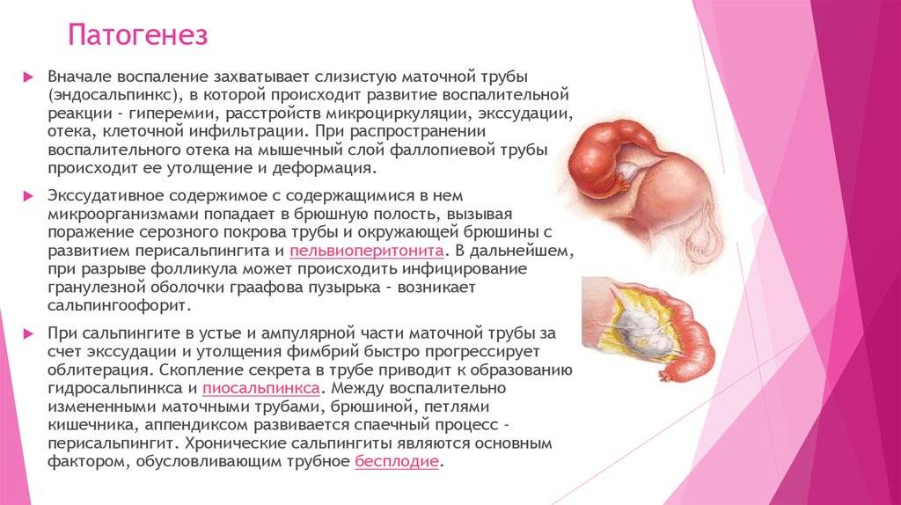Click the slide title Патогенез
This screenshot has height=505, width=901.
click(x=137, y=34)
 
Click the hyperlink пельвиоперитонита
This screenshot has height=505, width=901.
click(x=367, y=251)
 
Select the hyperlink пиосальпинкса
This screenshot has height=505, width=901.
click(x=260, y=388)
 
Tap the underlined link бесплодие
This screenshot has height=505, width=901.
click(x=397, y=461)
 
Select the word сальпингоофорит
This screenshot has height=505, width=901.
click(x=118, y=305)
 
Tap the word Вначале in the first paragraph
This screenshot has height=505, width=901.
click(x=80, y=77)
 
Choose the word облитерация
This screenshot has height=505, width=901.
click(x=100, y=370)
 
